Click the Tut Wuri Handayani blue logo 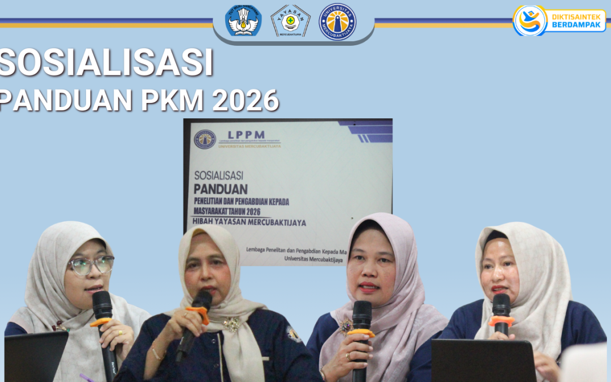pos(243,21)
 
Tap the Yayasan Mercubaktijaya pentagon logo pos(290,21)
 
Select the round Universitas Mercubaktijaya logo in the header pos(337,22)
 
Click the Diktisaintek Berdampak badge pos(559,20)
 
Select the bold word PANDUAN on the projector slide pos(221,188)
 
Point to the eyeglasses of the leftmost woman pos(91,265)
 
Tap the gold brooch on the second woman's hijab pos(231,324)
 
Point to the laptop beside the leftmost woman pos(35,357)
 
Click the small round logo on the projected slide pos(205,139)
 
